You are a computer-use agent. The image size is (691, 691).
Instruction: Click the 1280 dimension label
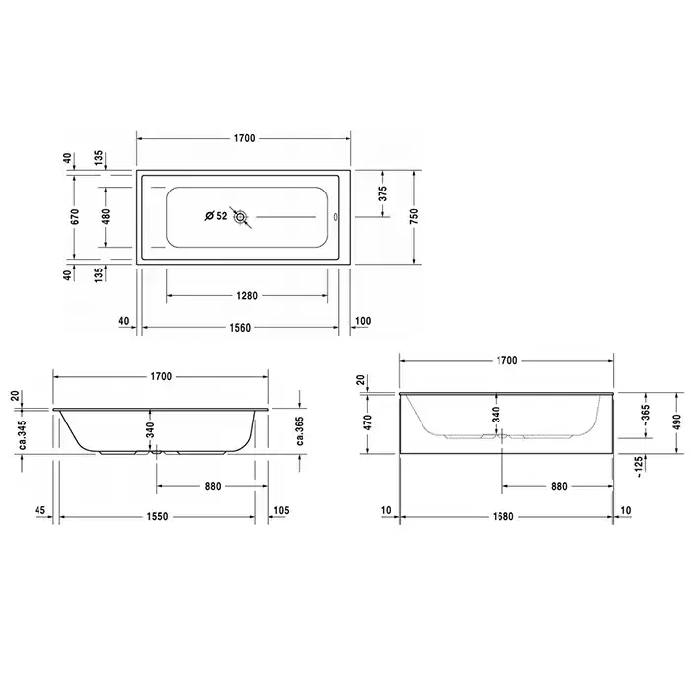247,296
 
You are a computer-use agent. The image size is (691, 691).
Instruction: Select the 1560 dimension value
240,328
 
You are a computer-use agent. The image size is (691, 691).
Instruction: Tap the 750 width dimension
414,217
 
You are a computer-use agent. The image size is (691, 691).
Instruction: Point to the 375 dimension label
383,193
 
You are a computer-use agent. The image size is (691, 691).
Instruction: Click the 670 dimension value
75,217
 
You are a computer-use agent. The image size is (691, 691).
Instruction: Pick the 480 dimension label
106,217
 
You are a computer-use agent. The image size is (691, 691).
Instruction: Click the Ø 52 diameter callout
216,216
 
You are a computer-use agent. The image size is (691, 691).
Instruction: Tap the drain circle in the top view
241,217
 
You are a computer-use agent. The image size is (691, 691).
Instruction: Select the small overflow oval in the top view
335,217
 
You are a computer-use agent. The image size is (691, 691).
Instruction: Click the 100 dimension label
363,321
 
